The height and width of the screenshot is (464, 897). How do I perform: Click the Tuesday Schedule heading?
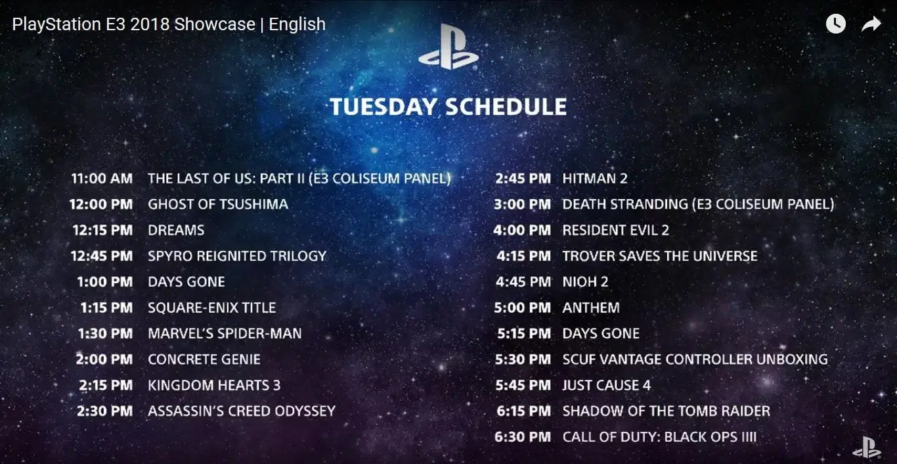[448, 107]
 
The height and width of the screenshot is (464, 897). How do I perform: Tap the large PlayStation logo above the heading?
[448, 47]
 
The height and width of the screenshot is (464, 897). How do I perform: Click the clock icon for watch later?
[836, 24]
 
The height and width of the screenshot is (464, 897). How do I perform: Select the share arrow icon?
[871, 24]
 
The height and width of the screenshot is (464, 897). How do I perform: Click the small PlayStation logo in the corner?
[867, 448]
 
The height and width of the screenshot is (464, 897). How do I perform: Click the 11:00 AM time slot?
[102, 178]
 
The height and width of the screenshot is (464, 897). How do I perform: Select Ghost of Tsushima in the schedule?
[218, 204]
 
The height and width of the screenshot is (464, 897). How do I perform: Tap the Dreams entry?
[176, 230]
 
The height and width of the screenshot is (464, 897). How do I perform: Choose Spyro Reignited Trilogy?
[237, 256]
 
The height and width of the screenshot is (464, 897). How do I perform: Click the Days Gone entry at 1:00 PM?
[186, 282]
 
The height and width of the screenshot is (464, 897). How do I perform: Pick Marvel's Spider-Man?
[225, 333]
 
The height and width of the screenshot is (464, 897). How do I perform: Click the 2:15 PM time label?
[106, 385]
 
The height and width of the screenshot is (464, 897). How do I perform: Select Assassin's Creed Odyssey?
[242, 411]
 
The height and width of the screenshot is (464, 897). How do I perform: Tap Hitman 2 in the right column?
[595, 178]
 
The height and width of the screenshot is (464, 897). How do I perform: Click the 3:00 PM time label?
[522, 204]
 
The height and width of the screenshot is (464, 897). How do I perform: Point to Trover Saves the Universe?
[660, 256]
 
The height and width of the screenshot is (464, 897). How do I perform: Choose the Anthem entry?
[591, 308]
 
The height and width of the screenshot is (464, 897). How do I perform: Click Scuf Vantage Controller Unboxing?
[695, 360]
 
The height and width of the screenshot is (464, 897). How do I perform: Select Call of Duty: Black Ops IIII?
[659, 437]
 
